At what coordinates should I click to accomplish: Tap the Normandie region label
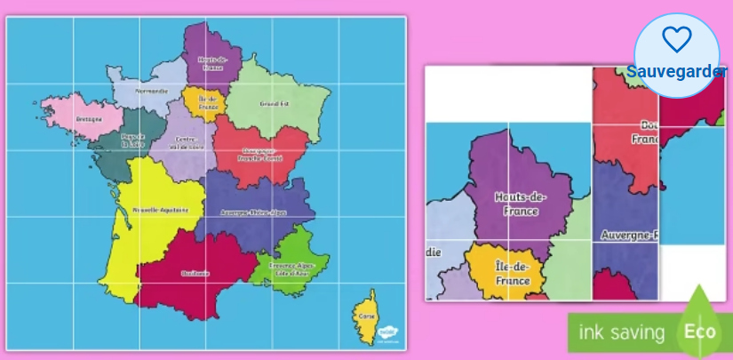coord(151,91)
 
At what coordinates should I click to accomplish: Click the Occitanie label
coord(195,273)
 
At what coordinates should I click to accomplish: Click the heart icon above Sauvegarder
coord(677,38)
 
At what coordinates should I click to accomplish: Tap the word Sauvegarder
coord(677,72)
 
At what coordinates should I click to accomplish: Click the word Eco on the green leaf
coord(700,332)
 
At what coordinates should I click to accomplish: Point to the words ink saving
coord(622,333)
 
